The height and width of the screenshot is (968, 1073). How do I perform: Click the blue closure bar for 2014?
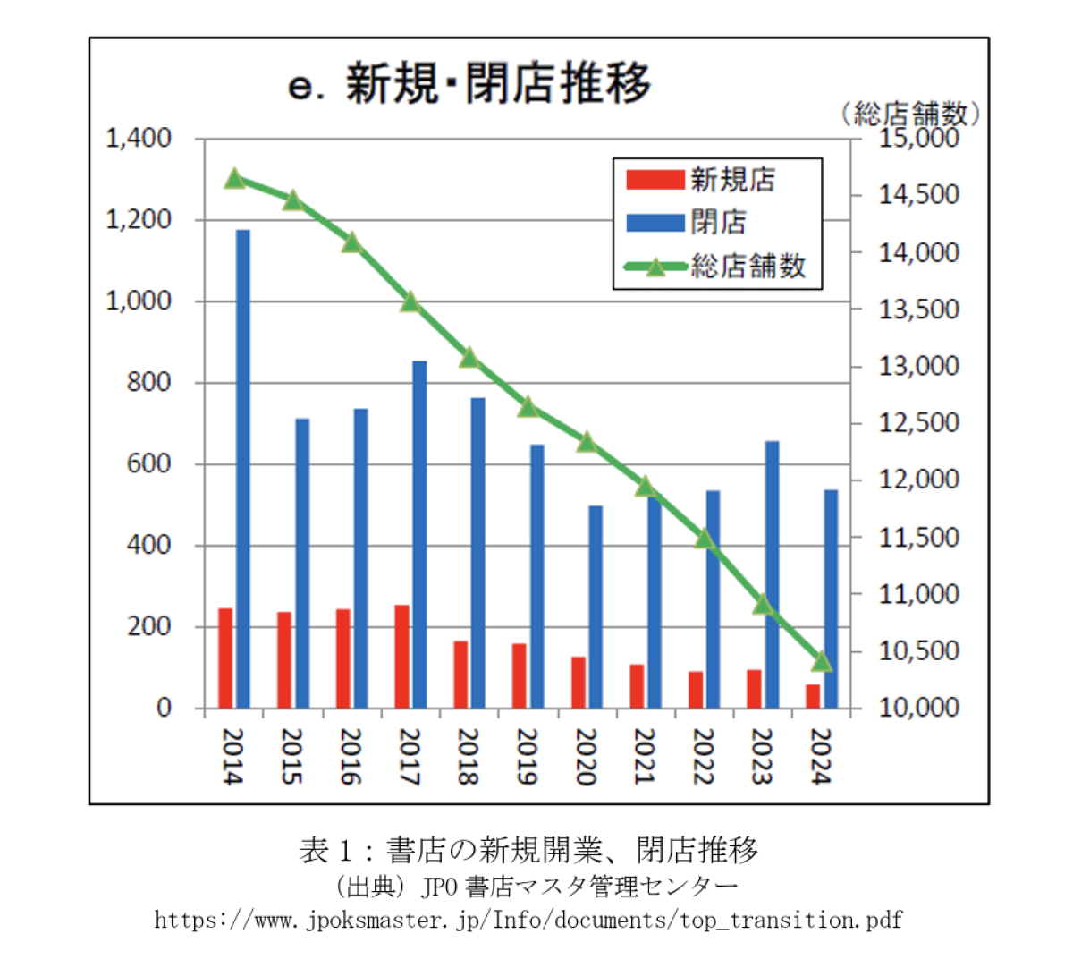point(243,469)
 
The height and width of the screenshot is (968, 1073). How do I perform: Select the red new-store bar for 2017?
point(402,657)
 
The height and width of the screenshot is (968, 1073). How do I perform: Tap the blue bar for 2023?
point(772,574)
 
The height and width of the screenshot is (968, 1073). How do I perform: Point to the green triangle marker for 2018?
point(470,359)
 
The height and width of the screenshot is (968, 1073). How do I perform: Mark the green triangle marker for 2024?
point(822,662)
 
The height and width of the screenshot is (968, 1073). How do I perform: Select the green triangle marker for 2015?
point(293,200)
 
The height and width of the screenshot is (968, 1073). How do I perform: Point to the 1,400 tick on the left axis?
point(139,139)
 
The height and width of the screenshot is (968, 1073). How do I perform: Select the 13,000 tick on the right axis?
point(918,366)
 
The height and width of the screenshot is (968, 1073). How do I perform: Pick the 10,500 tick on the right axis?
point(918,651)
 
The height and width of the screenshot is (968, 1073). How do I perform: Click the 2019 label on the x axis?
point(528,757)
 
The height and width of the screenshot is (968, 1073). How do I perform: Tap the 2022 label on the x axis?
point(704,757)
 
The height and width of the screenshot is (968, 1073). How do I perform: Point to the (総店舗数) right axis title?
point(911,114)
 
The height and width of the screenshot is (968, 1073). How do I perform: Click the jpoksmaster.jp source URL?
point(528,920)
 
